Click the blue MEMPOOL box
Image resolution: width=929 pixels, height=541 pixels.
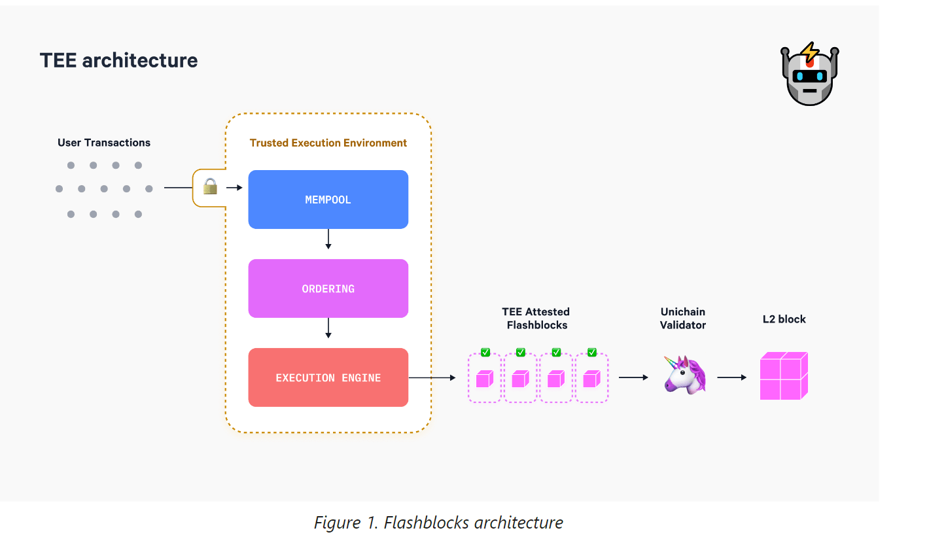[328, 200]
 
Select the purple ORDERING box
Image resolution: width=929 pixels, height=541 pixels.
[328, 288]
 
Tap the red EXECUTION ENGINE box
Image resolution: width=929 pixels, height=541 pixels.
[328, 377]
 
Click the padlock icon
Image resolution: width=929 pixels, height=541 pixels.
[209, 188]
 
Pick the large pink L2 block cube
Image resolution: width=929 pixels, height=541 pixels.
[783, 375]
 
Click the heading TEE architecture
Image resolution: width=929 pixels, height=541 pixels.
[118, 60]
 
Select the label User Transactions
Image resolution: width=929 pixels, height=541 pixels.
[104, 143]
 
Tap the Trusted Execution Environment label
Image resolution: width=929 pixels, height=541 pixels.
[328, 143]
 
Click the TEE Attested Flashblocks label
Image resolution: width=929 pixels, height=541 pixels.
[536, 318]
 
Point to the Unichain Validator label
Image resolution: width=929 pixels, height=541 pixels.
[683, 318]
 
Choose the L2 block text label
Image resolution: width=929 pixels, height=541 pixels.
[784, 319]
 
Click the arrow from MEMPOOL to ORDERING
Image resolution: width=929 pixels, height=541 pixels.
[328, 239]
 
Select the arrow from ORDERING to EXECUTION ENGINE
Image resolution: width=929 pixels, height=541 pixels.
[328, 328]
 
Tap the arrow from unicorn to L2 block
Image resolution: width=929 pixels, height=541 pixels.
[731, 377]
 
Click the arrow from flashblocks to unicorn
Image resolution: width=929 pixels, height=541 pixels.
[633, 377]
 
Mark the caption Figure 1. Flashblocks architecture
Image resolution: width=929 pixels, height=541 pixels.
[438, 523]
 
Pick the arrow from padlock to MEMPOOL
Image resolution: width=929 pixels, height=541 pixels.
[234, 188]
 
